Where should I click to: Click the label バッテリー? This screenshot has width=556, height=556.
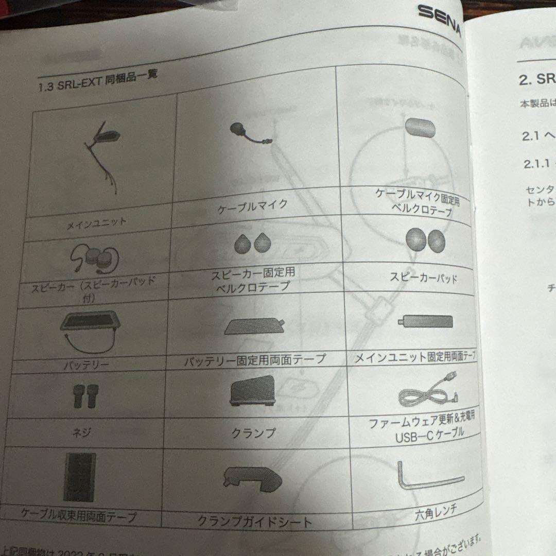point(86,366)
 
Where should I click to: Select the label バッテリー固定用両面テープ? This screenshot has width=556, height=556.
point(255,359)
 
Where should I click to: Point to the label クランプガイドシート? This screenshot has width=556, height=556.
point(255,521)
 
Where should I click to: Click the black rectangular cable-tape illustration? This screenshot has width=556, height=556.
point(80,478)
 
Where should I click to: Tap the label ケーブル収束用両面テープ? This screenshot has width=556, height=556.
point(80,514)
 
